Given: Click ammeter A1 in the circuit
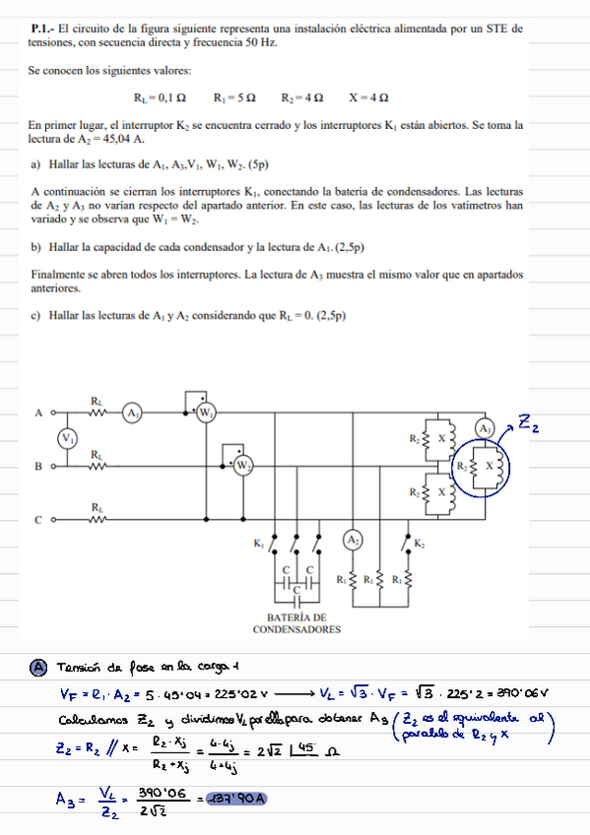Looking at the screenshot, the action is [133, 415].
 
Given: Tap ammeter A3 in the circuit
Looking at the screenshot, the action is [485, 429].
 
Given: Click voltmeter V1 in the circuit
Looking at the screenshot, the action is [67, 438].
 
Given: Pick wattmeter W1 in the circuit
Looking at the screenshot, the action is [206, 415].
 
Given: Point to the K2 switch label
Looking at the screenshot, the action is [420, 544].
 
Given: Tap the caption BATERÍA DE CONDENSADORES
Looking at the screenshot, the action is [296, 622].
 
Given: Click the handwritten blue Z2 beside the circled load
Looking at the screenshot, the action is [529, 424].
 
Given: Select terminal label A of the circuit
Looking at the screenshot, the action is [38, 414].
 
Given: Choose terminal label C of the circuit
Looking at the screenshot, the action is [38, 517].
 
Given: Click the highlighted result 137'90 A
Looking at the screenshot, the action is [236, 799].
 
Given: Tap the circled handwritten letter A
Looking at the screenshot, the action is [39, 668].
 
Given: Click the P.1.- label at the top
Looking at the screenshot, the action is [43, 31].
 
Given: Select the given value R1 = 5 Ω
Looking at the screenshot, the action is [234, 98].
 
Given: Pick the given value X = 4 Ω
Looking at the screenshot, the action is [368, 98].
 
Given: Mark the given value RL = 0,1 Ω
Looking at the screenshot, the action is [160, 98].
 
